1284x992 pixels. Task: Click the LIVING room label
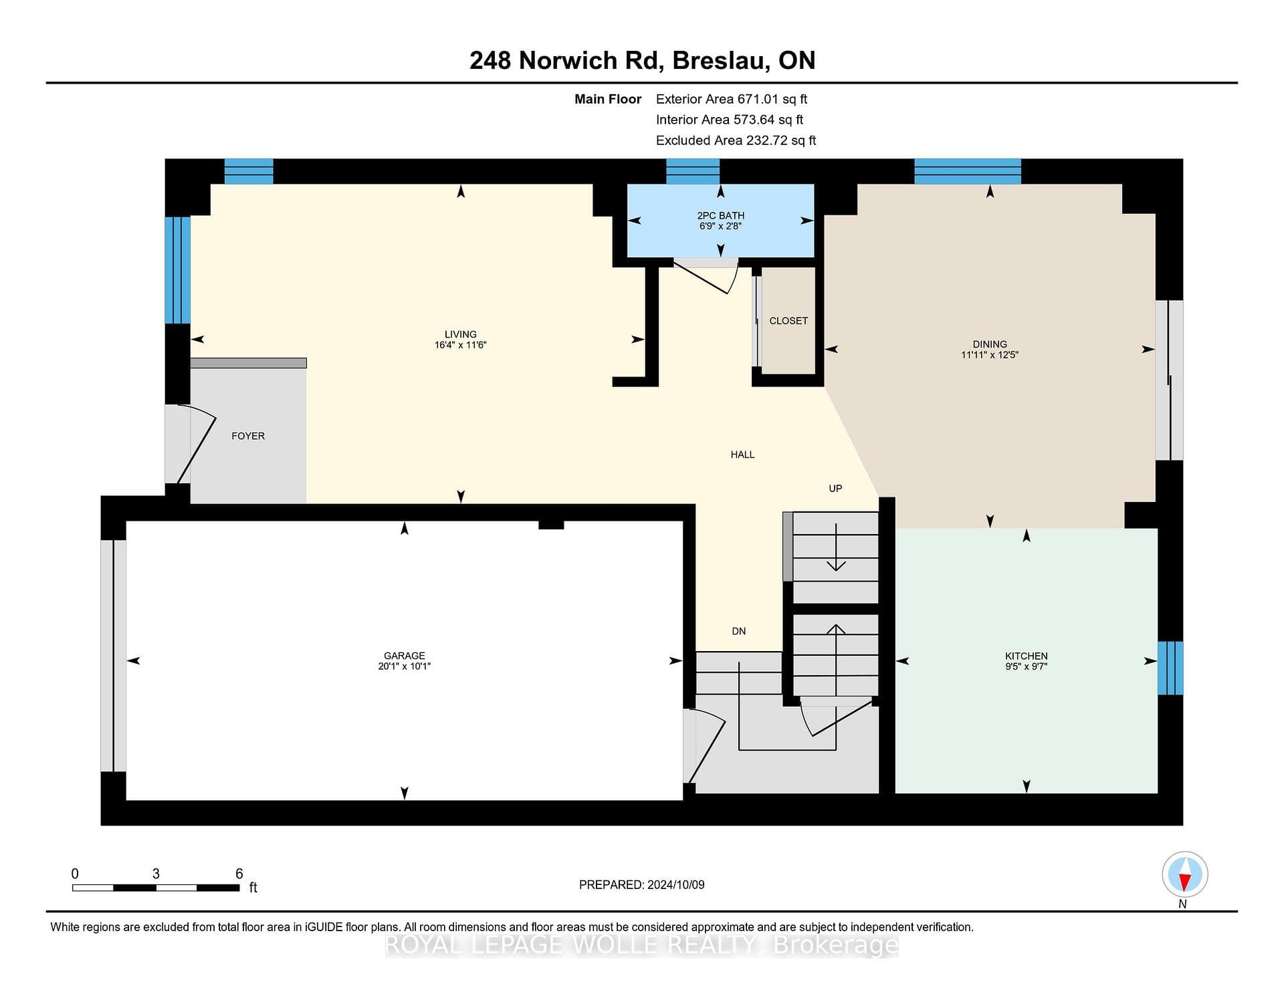[461, 334]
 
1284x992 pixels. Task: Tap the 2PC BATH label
[720, 215]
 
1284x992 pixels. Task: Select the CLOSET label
[788, 321]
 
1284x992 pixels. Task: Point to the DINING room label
[990, 344]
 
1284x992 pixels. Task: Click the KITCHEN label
[1026, 656]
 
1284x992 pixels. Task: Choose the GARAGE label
[404, 656]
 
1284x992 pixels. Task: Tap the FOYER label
[248, 436]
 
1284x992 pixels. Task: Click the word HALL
[742, 455]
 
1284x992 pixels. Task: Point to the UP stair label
[835, 489]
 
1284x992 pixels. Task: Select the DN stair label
[738, 631]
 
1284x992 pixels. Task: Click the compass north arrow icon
[1185, 874]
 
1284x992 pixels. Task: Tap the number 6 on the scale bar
[239, 874]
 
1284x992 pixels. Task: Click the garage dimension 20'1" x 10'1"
[404, 666]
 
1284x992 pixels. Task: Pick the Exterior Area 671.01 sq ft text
[732, 99]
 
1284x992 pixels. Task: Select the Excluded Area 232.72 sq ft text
[736, 140]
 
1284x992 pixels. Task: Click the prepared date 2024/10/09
[675, 884]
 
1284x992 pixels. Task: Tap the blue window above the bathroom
[693, 171]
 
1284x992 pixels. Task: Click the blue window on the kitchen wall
[1170, 668]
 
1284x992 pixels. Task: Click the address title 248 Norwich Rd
[566, 60]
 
